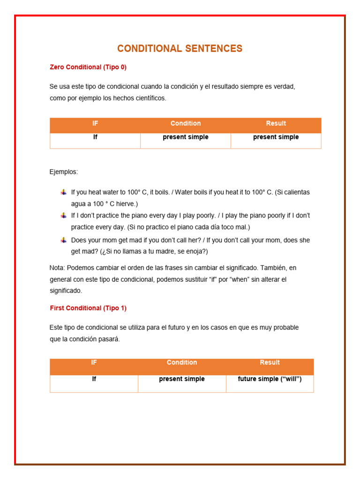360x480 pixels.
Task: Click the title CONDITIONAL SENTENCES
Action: pos(180,49)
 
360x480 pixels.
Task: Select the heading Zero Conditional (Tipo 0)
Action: pos(88,67)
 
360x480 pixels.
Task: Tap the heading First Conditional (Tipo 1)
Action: pos(88,308)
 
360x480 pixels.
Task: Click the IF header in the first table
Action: pos(95,124)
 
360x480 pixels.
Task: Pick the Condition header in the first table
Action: pos(186,124)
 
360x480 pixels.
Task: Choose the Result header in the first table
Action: pos(276,124)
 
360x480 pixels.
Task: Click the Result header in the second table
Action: pos(270,363)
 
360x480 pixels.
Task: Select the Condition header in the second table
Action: pos(182,363)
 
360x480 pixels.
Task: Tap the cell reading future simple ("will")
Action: pos(270,379)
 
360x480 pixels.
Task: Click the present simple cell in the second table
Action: pos(182,379)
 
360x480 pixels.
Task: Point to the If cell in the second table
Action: pos(94,379)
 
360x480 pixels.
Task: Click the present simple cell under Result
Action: pos(276,137)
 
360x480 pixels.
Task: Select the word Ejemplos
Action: pos(64,172)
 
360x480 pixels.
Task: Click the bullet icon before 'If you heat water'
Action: pos(63,192)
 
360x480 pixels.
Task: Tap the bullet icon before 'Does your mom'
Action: pos(63,240)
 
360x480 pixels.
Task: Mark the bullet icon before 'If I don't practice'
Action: pos(63,216)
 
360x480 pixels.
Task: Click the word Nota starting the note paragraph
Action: pos(57,268)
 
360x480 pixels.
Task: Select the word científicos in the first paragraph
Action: pos(150,98)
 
